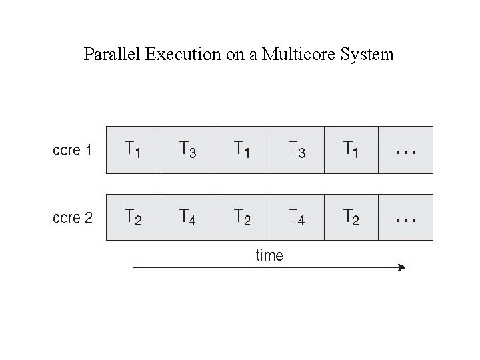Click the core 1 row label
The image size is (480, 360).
[72, 150]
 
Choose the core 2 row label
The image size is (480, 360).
[72, 217]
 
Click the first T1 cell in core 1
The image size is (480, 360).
[134, 149]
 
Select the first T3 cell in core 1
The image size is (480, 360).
[188, 149]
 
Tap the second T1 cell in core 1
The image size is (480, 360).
[243, 149]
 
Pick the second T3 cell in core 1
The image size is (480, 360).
[297, 149]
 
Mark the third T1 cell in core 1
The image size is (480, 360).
[351, 149]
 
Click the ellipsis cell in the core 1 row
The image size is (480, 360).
[406, 149]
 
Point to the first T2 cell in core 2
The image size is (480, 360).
[134, 217]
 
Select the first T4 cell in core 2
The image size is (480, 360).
[188, 217]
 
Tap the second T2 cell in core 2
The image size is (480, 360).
[243, 217]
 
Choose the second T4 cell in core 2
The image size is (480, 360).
[297, 217]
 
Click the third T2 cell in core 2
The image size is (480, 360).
[351, 217]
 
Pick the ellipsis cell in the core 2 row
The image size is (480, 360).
[406, 217]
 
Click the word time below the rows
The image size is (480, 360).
[269, 255]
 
